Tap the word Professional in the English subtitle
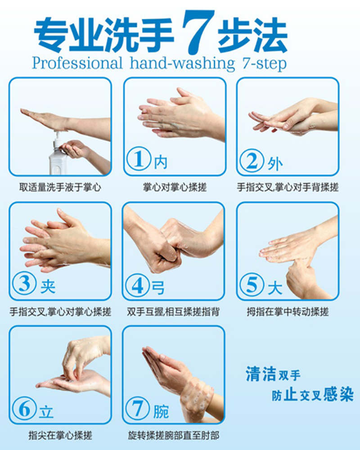click(77, 63)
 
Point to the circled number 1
click(139, 159)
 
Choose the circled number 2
click(252, 160)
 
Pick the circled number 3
click(24, 283)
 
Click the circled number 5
click(252, 284)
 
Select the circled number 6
click(24, 409)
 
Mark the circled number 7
click(138, 409)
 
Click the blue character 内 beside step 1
click(161, 162)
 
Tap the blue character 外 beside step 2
click(275, 164)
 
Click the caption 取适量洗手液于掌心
click(60, 187)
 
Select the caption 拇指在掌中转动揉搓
click(288, 312)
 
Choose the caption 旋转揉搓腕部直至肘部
click(174, 436)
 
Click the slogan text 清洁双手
click(273, 374)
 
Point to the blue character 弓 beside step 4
click(158, 287)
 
